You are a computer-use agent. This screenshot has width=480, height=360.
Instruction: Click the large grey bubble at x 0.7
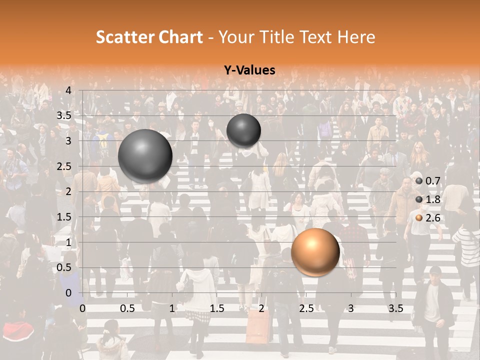[145, 156]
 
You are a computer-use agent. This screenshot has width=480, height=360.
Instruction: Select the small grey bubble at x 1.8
[243, 131]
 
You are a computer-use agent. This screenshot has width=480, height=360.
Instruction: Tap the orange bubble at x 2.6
[315, 252]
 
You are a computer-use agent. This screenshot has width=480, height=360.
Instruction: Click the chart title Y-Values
[249, 70]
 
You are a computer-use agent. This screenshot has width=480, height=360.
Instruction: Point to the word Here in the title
[356, 37]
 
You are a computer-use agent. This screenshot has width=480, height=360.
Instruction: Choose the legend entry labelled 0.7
[427, 181]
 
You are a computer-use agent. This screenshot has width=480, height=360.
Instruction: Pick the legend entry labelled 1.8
[427, 199]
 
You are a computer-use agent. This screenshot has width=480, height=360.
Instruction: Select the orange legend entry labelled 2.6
[427, 217]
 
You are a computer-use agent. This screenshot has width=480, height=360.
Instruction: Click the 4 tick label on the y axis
[68, 90]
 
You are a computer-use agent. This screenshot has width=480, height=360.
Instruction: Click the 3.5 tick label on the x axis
[395, 308]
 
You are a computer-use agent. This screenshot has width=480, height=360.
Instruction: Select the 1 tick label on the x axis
[172, 308]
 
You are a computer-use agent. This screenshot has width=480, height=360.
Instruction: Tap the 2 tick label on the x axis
[261, 308]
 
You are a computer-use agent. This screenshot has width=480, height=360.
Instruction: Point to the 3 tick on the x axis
[351, 308]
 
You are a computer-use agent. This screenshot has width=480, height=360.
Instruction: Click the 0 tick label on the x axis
[82, 308]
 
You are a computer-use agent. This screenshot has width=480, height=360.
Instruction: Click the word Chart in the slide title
[181, 37]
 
